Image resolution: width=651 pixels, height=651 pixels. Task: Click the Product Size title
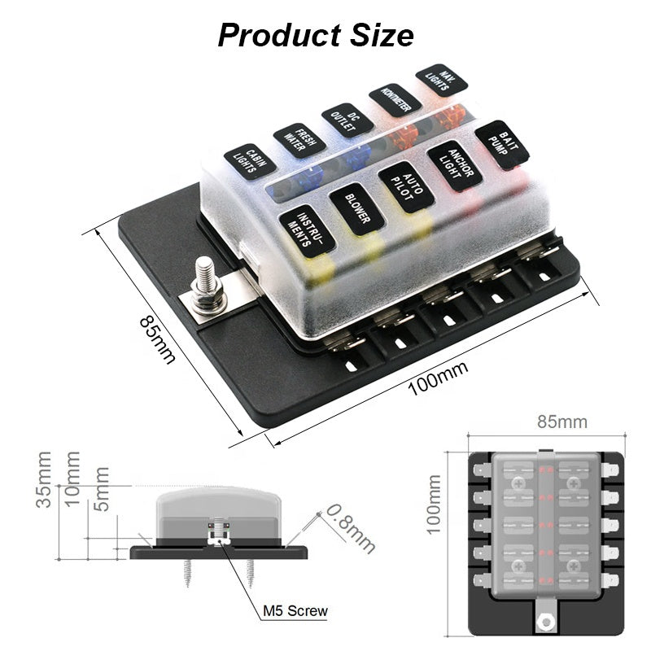click(x=315, y=35)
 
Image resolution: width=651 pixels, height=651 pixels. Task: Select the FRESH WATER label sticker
click(x=299, y=139)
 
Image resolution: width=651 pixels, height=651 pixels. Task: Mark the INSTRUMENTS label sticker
click(x=307, y=231)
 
